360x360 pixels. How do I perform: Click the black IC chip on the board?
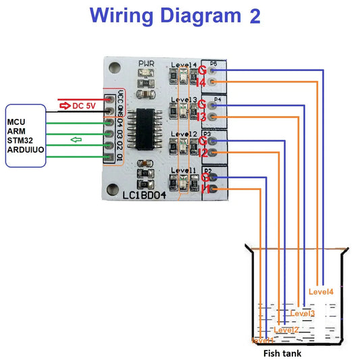point(142,129)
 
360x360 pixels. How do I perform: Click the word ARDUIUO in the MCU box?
point(25,150)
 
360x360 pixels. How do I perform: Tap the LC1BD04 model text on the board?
point(145,196)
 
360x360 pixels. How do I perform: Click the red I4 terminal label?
point(201,82)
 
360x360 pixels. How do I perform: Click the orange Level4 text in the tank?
point(321,292)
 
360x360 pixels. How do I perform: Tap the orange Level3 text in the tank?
point(302,313)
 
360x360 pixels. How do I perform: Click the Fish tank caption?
point(282,353)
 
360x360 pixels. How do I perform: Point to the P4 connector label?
point(217,99)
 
